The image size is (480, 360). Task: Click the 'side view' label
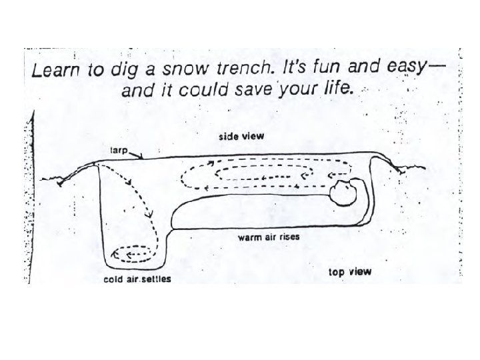(x=242, y=136)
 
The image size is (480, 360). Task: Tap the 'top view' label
(x=350, y=272)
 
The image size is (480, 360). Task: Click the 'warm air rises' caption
(x=267, y=238)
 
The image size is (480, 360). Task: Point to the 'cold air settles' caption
(x=137, y=279)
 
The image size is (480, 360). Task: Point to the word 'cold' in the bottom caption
(x=113, y=279)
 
